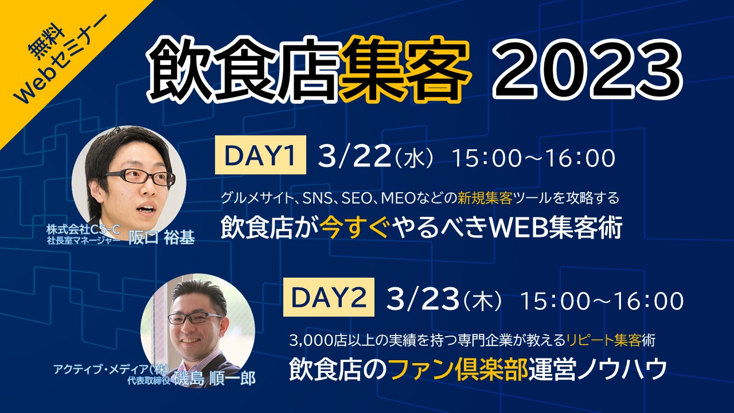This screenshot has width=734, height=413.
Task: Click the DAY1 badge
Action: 260,155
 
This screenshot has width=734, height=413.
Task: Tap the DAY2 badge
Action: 329,297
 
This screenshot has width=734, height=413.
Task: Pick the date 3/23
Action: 423,299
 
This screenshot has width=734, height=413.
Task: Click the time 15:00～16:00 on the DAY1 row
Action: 533,158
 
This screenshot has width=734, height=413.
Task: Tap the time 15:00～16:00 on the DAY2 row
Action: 602,301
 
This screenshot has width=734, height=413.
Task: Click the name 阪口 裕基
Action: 162,237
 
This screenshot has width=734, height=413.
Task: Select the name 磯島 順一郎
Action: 214,379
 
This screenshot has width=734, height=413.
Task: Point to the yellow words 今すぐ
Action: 354,228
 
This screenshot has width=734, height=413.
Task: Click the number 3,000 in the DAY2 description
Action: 311,341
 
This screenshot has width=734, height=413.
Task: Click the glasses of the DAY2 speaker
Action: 196,318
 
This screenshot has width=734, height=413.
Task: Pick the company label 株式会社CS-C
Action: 83,229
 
